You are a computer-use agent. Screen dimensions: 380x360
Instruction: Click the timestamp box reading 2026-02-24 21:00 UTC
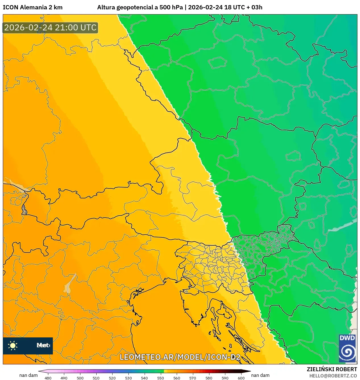point(50,28)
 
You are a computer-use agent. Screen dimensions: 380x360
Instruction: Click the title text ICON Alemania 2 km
point(33,7)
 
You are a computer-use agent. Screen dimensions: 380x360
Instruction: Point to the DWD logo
point(347,348)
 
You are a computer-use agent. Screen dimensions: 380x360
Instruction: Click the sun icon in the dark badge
point(13,345)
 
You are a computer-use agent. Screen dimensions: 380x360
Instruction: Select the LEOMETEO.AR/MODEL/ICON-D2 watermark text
point(180,357)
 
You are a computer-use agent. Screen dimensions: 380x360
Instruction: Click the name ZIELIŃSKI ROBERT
point(332,369)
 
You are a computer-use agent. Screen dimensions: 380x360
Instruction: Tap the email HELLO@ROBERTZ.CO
point(333,376)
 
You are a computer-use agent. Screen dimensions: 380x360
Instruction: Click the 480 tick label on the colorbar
point(48,378)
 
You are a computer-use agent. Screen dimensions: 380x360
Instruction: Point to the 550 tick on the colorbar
point(161,378)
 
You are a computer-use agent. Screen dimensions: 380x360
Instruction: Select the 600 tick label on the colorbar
point(241,378)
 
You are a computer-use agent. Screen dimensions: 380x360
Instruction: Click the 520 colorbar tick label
point(112,378)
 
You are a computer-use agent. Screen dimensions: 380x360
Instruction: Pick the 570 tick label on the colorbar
point(193,378)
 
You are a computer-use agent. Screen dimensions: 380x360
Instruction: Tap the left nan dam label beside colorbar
point(28,375)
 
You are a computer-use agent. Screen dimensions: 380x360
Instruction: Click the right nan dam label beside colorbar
point(260,375)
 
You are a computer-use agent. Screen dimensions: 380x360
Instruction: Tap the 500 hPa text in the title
point(171,7)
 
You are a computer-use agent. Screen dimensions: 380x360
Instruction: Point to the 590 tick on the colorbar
point(225,378)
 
